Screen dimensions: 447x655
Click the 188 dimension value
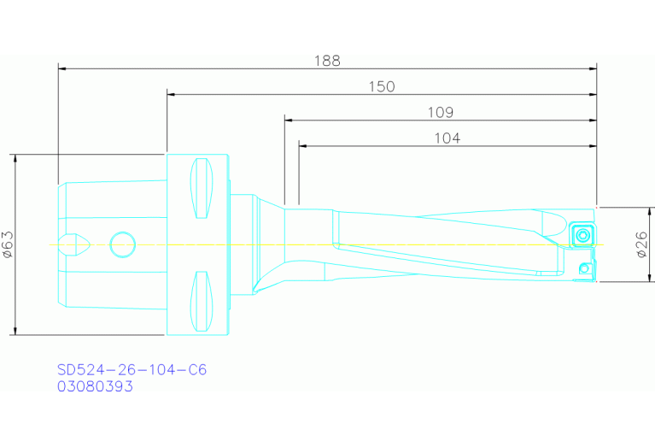[327, 61]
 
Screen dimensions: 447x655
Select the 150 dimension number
[382, 86]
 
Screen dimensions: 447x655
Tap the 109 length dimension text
[440, 112]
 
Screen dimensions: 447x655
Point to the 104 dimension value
[447, 138]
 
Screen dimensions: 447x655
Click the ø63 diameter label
[8, 244]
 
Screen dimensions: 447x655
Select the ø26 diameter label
[642, 244]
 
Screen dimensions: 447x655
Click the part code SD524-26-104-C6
[132, 370]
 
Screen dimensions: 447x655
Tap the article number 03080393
[95, 386]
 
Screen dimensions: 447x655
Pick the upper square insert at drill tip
[582, 233]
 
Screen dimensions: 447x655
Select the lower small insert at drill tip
[584, 269]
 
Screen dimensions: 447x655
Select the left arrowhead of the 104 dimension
[303, 145]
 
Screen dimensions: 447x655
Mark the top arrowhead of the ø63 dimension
[15, 159]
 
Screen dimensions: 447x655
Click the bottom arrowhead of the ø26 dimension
[652, 277]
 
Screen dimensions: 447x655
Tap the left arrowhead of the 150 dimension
[172, 94]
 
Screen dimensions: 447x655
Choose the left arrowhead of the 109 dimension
[289, 120]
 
